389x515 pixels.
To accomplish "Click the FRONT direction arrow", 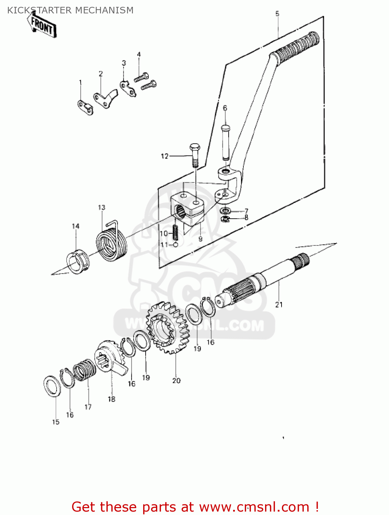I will point(42,25).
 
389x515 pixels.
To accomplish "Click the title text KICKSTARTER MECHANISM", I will point(70,10).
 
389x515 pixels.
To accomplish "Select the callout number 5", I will point(277,14).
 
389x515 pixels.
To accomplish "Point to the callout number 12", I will point(165,156).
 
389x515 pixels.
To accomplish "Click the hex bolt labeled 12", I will point(194,154).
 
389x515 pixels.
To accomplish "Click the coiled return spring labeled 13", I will point(111,244).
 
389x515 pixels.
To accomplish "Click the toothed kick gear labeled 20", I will point(168,328).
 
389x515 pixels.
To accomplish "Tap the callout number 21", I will point(279,305).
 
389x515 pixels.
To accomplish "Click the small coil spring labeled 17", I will point(85,370).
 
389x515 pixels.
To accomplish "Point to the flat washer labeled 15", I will point(53,387).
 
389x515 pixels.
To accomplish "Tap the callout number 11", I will point(164,245).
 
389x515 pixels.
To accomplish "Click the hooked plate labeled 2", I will point(105,98).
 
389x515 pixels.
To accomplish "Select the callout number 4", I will point(139,54).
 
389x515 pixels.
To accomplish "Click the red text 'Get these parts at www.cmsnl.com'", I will point(195,507).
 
